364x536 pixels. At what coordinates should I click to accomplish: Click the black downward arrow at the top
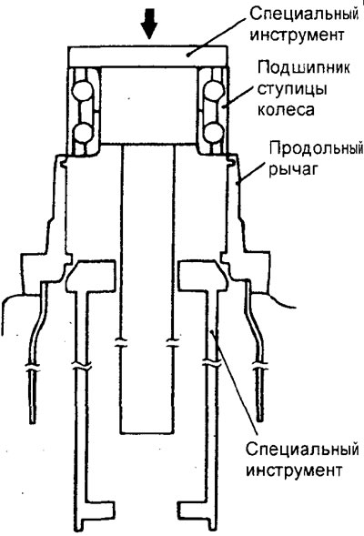(149, 24)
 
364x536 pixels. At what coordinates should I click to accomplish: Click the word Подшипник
(304, 67)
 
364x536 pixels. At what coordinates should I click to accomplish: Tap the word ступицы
(292, 89)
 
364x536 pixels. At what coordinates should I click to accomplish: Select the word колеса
(286, 110)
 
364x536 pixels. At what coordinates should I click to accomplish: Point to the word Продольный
(316, 149)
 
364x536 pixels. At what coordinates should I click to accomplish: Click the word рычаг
(294, 169)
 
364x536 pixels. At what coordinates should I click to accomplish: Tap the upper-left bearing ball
(83, 91)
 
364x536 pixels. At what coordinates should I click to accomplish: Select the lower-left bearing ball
(82, 133)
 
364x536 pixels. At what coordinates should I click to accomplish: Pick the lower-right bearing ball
(214, 132)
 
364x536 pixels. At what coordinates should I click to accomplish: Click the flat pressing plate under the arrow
(147, 56)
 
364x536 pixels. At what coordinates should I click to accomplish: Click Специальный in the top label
(304, 15)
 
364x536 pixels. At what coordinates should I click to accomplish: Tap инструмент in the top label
(297, 35)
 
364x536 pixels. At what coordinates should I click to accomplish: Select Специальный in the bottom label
(302, 450)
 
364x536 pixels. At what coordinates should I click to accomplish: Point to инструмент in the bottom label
(294, 470)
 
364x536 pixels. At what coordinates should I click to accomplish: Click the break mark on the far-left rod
(32, 369)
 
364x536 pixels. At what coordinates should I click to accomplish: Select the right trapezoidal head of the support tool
(202, 275)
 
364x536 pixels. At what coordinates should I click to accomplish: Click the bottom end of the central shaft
(147, 433)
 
